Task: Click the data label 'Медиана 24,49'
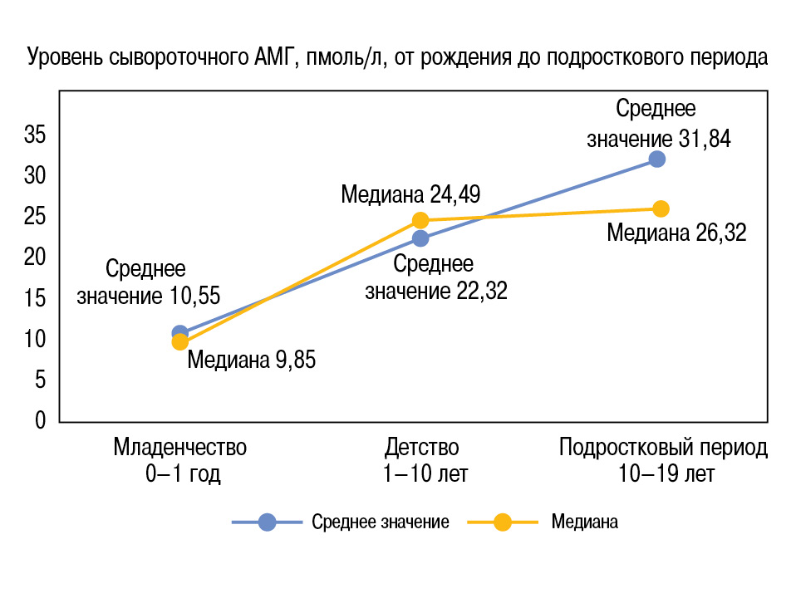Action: pos(410,195)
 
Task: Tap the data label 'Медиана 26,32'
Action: pos(676,233)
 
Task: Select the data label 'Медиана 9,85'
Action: pos(251,360)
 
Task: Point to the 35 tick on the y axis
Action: pos(34,135)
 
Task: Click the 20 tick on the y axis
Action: pos(34,257)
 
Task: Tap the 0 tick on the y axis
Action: pos(40,421)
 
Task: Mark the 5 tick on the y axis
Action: pos(40,380)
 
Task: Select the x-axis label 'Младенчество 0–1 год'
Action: pos(180,460)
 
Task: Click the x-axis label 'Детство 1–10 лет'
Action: pos(421,460)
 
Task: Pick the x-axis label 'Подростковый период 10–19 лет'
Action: pos(662,460)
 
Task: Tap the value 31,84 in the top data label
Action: pos(705,139)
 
